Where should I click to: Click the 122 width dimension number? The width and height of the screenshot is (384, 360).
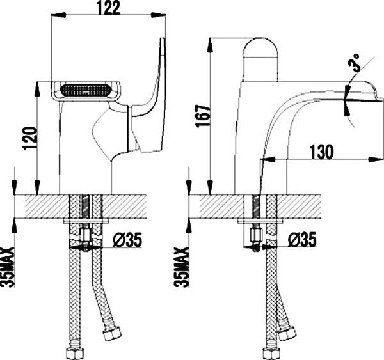pos(108,8)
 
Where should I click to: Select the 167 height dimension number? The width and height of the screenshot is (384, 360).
pos(202,117)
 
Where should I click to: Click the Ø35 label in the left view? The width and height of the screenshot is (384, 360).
pos(125,241)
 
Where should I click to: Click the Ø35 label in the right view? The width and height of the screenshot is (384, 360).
pos(301,241)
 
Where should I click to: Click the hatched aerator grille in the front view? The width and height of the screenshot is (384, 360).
pos(84,90)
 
